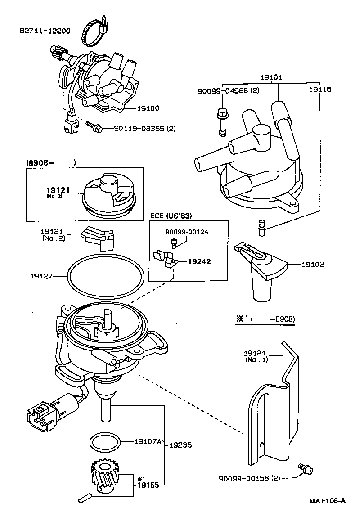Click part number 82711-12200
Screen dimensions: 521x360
[x=45, y=31]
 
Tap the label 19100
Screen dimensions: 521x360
[x=148, y=108]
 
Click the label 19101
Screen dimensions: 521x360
[x=272, y=77]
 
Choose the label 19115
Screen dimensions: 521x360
[x=320, y=90]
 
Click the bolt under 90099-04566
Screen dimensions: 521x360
[x=221, y=120]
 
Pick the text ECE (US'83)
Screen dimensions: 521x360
[x=171, y=216]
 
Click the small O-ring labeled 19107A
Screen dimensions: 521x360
[x=104, y=441]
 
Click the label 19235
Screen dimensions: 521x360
[x=180, y=445]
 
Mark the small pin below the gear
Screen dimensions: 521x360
[x=85, y=498]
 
